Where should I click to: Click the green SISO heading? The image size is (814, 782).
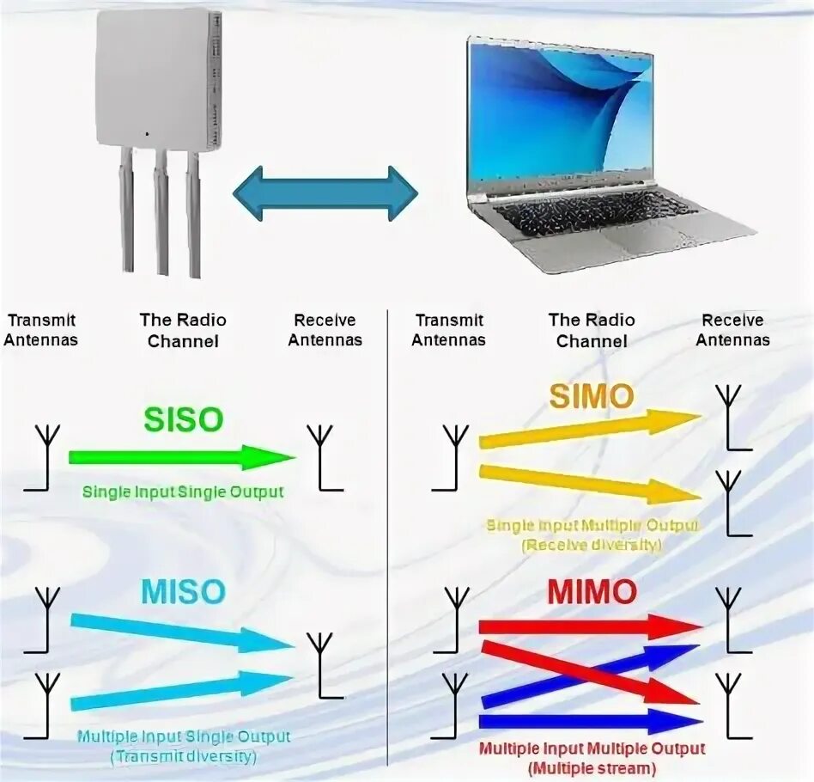click(183, 419)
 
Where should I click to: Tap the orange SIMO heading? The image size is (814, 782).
click(591, 396)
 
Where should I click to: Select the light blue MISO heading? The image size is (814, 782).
click(184, 591)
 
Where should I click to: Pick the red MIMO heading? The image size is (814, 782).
click(592, 591)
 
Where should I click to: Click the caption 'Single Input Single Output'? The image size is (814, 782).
click(183, 492)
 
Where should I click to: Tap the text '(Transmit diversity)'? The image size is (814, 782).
click(183, 756)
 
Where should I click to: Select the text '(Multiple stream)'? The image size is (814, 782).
click(592, 767)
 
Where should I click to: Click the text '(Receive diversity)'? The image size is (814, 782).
click(592, 544)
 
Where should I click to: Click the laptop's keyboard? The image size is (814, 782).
click(592, 214)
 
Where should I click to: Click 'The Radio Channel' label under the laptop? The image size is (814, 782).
click(592, 330)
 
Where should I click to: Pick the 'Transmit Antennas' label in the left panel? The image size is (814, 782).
click(40, 330)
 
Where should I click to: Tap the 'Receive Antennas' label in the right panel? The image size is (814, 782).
click(732, 330)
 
